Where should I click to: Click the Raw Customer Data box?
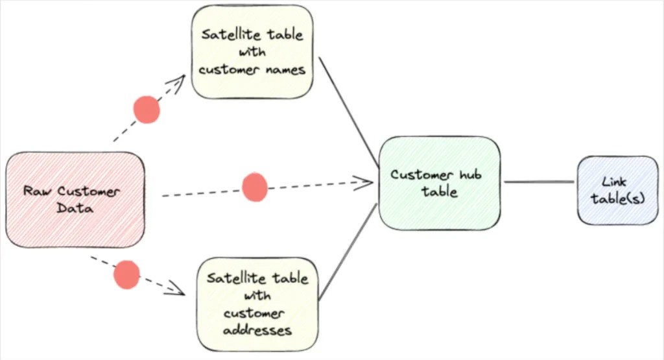pyautogui.click(x=75, y=200)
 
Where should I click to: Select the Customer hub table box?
pyautogui.click(x=440, y=183)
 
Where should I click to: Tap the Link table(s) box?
pyautogui.click(x=617, y=190)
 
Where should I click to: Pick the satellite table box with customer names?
pyautogui.click(x=252, y=52)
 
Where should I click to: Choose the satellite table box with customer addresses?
pyautogui.click(x=257, y=304)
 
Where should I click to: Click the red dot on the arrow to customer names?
pyautogui.click(x=146, y=110)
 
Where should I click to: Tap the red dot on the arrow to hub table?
pyautogui.click(x=255, y=187)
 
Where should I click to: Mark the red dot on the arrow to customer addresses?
pyautogui.click(x=126, y=274)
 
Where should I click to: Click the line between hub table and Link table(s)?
pyautogui.click(x=538, y=182)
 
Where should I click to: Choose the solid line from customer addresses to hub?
pyautogui.click(x=348, y=253)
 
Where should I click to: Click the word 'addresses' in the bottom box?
pyautogui.click(x=257, y=330)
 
